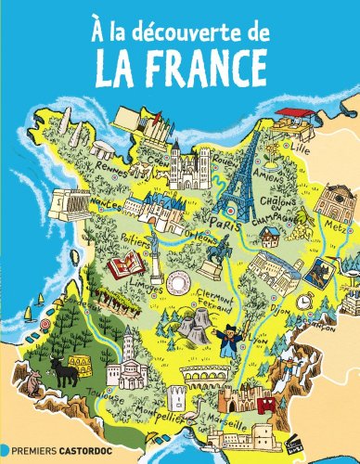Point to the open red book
click(x=122, y=268)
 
